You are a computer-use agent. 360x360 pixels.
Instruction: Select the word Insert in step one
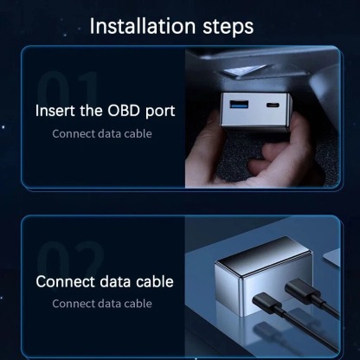coord(56,112)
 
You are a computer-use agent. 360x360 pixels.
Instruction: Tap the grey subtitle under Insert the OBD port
coord(102,133)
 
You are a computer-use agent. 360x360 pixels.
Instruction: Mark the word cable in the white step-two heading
coord(154,282)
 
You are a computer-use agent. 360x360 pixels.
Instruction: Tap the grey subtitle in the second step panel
coord(102,304)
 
